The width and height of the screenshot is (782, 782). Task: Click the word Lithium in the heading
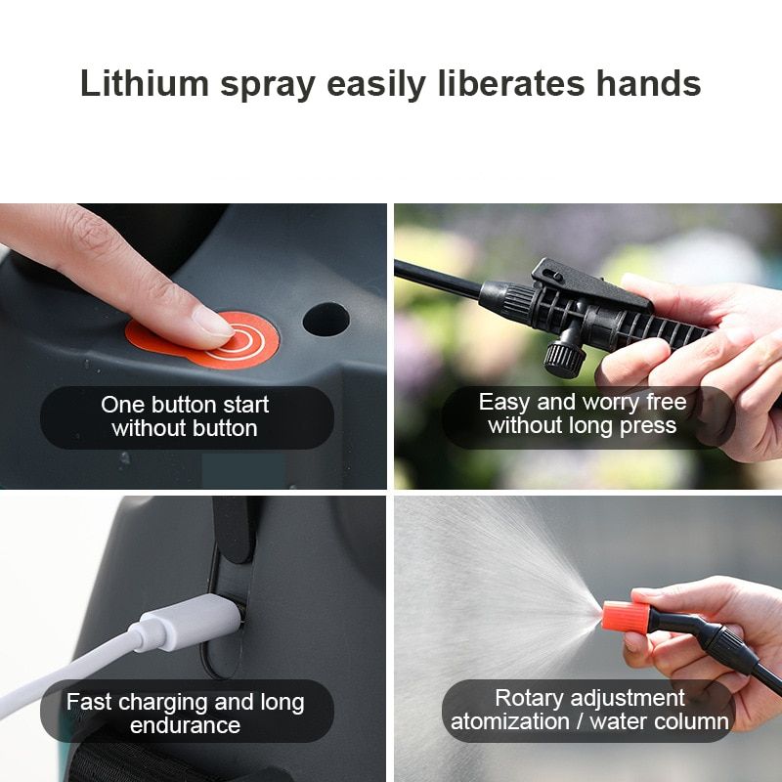tap(145, 83)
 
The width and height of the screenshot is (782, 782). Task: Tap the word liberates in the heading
tap(511, 83)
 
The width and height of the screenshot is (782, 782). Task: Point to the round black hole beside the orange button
tap(326, 320)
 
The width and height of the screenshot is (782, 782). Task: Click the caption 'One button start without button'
tap(185, 416)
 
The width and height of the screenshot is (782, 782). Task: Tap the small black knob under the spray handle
tap(565, 356)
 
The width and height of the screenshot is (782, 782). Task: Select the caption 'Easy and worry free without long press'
tap(583, 413)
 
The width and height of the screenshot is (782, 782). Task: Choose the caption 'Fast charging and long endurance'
tap(185, 714)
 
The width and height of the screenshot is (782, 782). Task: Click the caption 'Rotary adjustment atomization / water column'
tap(589, 710)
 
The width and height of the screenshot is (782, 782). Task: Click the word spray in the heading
tap(268, 85)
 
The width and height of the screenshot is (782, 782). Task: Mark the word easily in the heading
tap(376, 85)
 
